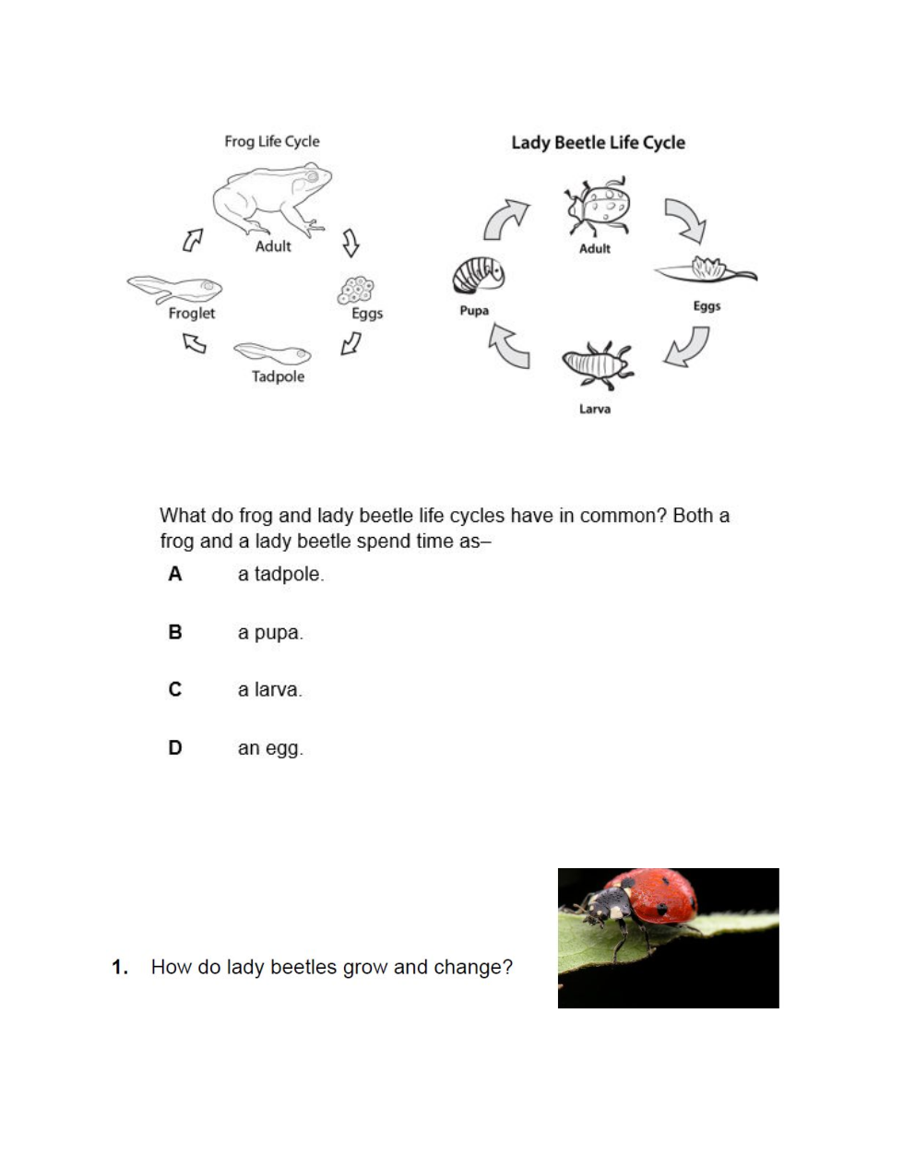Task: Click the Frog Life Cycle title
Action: point(271,141)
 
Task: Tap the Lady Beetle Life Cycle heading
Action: point(598,142)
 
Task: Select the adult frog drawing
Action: point(272,199)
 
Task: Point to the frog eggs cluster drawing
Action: point(356,290)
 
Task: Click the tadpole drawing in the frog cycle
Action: point(272,353)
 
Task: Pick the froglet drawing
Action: point(175,289)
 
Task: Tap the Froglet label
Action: point(192,313)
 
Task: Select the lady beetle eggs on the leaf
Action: point(707,270)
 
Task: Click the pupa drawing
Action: point(478,275)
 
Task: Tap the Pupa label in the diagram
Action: point(474,310)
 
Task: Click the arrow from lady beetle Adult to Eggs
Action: point(685,219)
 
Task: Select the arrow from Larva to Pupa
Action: point(508,346)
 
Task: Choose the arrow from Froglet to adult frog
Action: point(192,240)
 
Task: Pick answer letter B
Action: point(175,632)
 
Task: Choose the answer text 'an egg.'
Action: point(270,748)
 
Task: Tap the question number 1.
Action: point(119,967)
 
